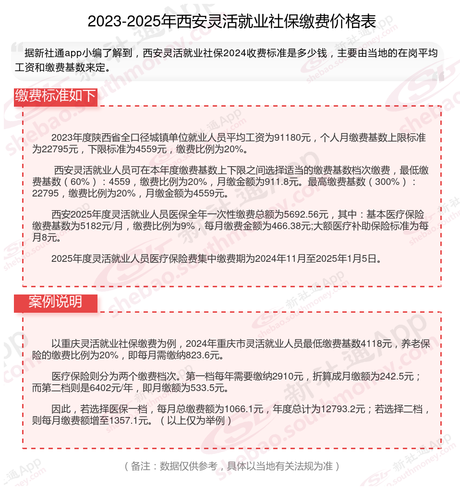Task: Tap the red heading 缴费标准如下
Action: point(56,96)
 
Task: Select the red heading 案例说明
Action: point(55,302)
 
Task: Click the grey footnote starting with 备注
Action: point(231,466)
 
